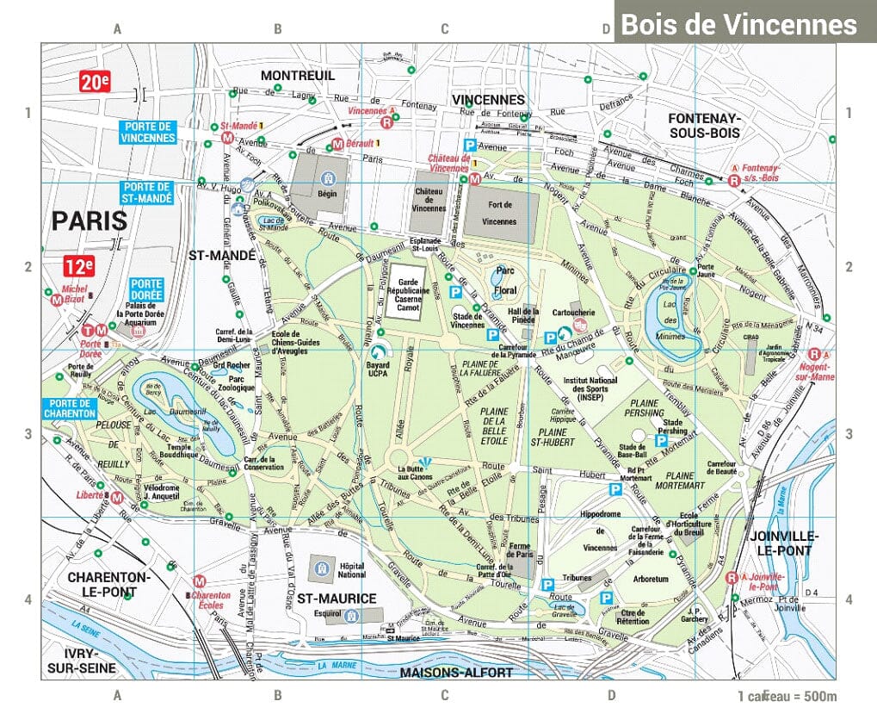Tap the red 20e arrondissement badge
tap(95, 83)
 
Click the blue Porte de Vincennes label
tap(147, 132)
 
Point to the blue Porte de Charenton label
tap(68, 408)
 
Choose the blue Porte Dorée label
tap(146, 289)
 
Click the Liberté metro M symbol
tap(116, 497)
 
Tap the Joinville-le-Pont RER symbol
tap(732, 578)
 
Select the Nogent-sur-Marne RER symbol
tap(814, 354)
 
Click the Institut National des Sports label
tap(590, 388)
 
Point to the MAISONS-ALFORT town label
tap(456, 672)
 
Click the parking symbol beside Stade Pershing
tap(661, 441)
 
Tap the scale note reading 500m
tap(787, 696)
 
